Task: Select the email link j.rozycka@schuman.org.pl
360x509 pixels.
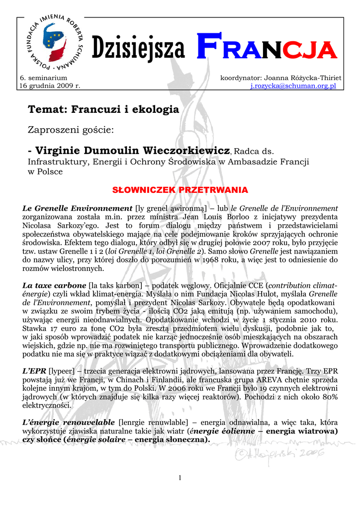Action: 294,85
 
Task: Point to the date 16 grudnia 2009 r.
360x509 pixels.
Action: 50,85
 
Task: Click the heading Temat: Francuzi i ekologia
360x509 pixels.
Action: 103,109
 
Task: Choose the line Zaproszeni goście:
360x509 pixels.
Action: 71,130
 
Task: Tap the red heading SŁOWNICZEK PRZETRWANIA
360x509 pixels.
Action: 180,190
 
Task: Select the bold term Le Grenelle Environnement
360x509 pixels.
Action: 78,208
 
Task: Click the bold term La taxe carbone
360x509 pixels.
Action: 55,286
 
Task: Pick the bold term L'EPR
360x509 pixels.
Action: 35,371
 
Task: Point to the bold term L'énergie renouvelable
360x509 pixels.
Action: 69,423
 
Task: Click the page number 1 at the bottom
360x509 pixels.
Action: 180,478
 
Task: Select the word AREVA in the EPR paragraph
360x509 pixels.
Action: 257,380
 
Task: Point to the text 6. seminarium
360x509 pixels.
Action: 43,78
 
